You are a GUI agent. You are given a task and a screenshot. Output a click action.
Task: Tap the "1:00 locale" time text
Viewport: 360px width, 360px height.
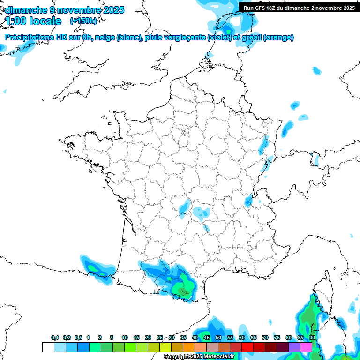(34, 21)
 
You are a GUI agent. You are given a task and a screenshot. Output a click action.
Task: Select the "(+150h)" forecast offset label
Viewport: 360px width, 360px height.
(83, 21)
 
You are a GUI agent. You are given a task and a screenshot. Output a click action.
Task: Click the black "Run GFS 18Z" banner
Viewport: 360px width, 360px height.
(299, 8)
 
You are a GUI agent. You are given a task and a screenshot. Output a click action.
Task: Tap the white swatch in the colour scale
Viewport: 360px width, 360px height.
(48, 347)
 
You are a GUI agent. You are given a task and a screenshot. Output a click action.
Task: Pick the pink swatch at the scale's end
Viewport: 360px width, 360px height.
(306, 347)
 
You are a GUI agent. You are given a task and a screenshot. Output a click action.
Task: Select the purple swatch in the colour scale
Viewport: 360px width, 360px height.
(294, 347)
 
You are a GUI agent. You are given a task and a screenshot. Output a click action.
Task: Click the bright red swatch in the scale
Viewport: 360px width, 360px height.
(247, 347)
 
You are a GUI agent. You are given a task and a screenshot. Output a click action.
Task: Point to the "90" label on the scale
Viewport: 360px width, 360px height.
(312, 337)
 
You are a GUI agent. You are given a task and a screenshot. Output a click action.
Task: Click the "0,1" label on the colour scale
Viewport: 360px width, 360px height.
(55, 337)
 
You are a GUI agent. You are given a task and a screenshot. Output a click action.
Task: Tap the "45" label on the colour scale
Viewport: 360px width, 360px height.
(207, 337)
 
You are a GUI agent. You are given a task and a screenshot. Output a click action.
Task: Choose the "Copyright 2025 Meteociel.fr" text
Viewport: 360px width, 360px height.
(199, 357)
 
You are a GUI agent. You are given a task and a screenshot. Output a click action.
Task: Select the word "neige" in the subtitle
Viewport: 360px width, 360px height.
(105, 37)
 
